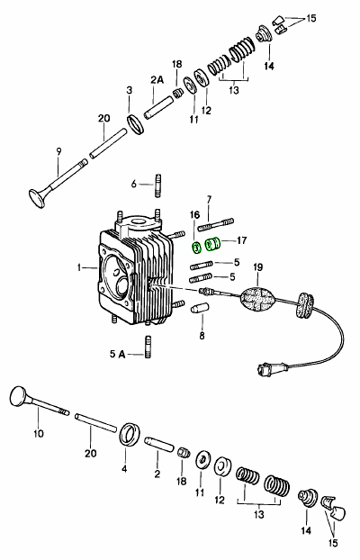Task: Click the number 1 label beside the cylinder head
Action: [x=80, y=267]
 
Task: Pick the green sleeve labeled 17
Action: [x=213, y=244]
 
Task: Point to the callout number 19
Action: [x=258, y=269]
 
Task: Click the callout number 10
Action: [x=38, y=433]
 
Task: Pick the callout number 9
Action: [x=58, y=150]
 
